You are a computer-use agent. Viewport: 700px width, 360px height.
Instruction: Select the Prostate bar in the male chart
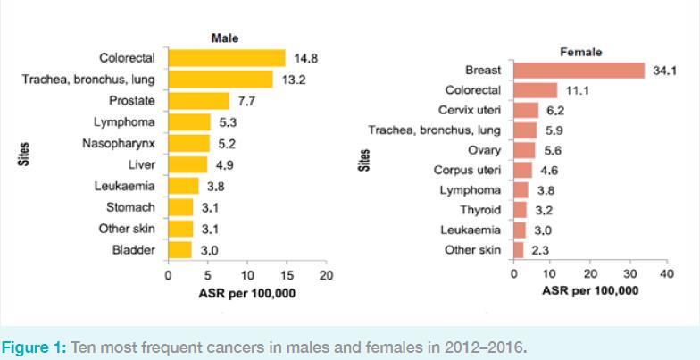point(198,101)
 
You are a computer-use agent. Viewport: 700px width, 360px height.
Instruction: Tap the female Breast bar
point(579,70)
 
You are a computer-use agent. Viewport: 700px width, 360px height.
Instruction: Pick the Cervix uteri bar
point(526,111)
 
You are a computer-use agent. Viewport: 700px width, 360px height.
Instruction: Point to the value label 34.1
point(665,70)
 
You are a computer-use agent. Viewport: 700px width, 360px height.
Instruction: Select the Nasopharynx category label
point(120,143)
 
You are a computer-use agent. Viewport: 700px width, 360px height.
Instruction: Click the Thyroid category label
point(481,210)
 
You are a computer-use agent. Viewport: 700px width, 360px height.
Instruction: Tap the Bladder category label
point(134,249)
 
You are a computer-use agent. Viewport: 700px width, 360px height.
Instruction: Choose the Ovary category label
point(485,150)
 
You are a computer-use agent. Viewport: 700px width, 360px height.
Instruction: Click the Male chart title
point(225,38)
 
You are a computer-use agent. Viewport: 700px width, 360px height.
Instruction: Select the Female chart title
point(580,52)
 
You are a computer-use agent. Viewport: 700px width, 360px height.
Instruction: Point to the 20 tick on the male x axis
point(326,275)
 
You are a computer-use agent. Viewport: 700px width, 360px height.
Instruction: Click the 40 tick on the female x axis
point(666,273)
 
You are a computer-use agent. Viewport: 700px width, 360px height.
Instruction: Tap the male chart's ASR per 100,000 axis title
point(247,293)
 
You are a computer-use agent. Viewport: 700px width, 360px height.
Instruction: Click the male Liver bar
point(187,164)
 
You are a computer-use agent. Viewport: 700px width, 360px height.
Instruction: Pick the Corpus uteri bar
point(522,170)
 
